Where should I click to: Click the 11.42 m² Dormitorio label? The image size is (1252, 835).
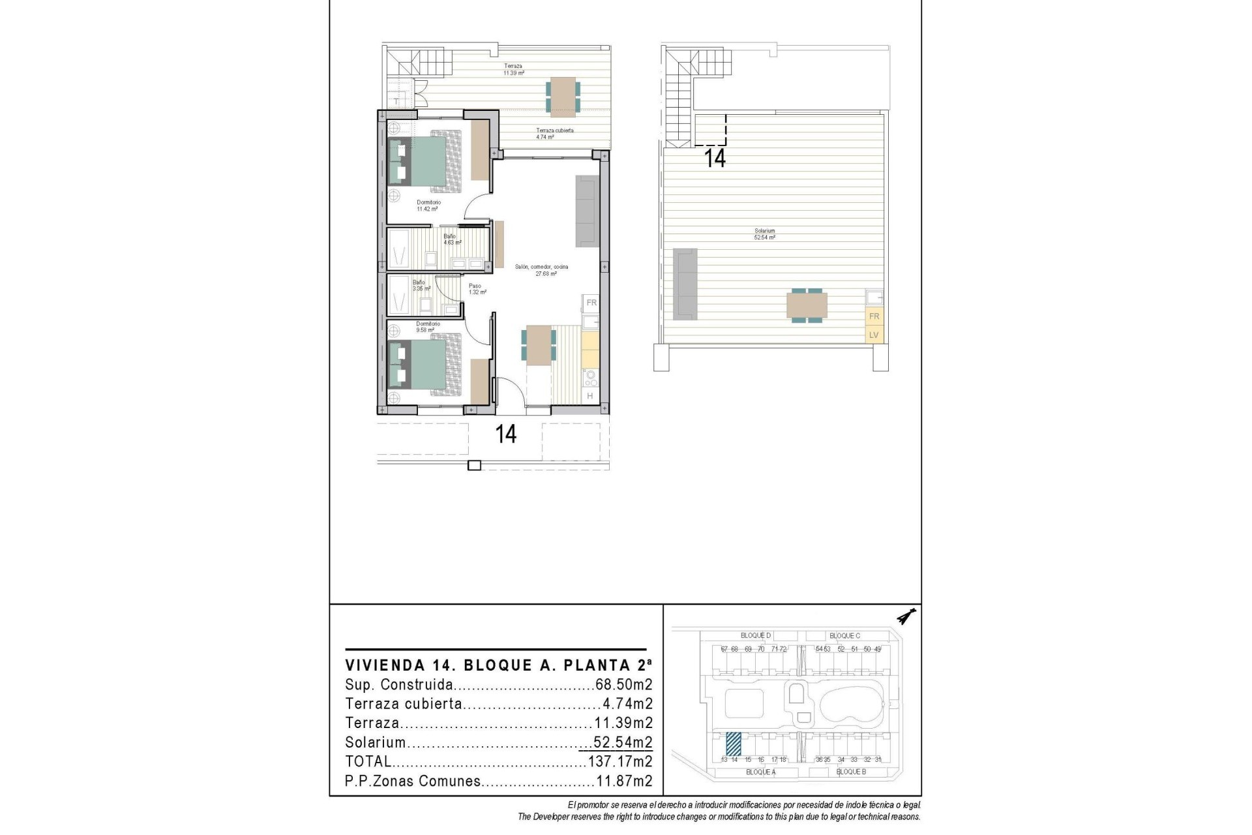[428, 206]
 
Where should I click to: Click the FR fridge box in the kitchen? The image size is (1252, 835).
[591, 303]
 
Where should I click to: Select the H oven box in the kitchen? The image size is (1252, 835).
[589, 396]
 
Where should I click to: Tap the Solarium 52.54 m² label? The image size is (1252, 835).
[764, 234]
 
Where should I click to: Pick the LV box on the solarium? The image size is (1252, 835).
[874, 335]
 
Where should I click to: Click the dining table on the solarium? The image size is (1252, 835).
[807, 305]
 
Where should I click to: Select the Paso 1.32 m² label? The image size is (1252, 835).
[477, 289]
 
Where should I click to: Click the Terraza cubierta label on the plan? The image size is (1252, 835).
[554, 134]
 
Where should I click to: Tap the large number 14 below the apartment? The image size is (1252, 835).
[506, 434]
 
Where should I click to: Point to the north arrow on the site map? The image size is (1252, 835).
[906, 616]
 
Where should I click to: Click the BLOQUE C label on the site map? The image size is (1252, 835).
[844, 635]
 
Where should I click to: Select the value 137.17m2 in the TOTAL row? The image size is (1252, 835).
[619, 761]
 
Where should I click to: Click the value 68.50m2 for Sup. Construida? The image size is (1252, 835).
[623, 685]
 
